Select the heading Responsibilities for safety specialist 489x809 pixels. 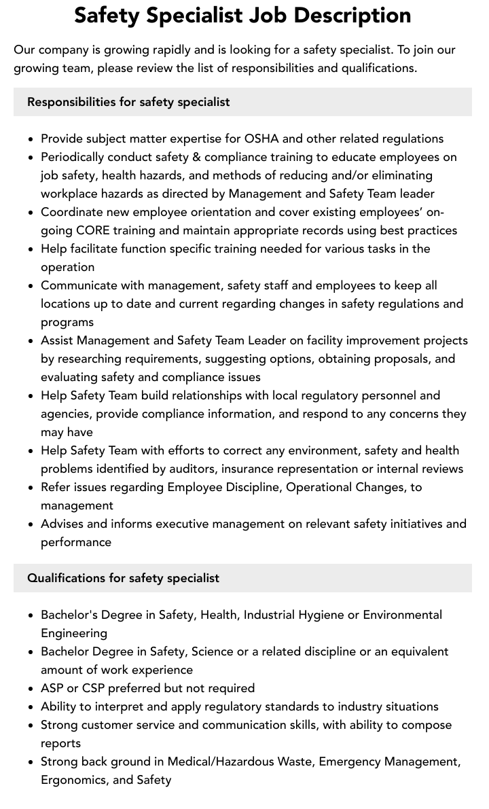[x=128, y=102]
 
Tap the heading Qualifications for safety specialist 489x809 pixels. [x=123, y=578]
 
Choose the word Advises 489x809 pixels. [x=62, y=524]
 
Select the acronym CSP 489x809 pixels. [x=96, y=688]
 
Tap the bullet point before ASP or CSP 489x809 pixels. [x=31, y=689]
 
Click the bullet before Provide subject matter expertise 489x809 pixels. [x=31, y=139]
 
